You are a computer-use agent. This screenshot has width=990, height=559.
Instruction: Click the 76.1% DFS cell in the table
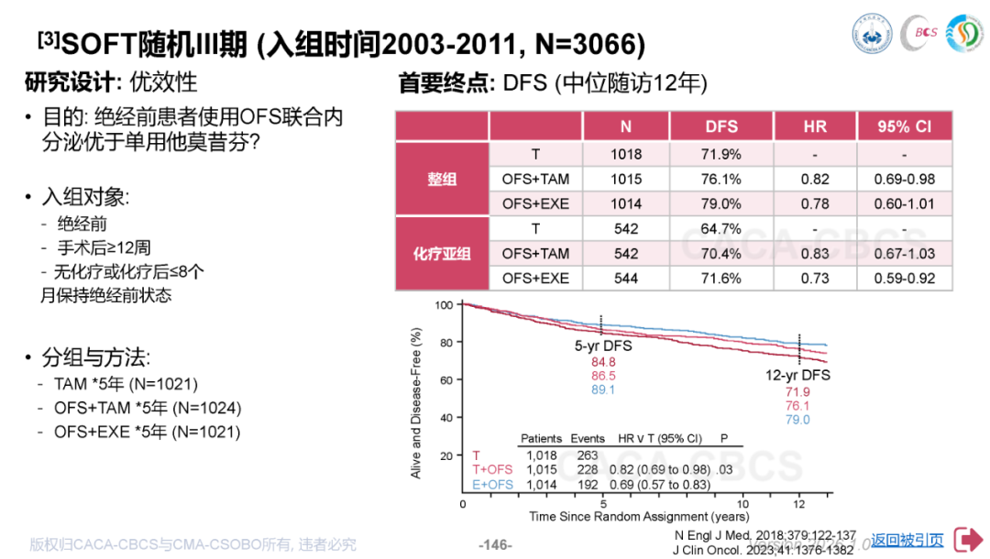click(x=722, y=180)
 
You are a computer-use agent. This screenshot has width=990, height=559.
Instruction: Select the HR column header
click(x=815, y=126)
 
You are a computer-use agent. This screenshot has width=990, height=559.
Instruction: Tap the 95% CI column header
click(x=903, y=126)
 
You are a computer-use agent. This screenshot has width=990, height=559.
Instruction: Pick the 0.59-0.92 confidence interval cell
click(x=903, y=278)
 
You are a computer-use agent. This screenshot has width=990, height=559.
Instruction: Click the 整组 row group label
click(x=442, y=180)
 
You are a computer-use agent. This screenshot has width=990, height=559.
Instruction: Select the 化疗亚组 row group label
click(x=442, y=253)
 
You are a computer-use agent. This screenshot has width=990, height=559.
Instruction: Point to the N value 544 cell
click(x=625, y=278)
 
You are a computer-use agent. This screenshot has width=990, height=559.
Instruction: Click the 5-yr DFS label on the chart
click(x=603, y=346)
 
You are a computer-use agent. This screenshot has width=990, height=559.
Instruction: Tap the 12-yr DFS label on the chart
click(x=797, y=376)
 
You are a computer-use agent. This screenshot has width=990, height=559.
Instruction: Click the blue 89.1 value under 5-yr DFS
click(x=603, y=389)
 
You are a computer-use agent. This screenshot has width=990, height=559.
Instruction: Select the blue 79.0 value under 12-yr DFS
click(x=797, y=420)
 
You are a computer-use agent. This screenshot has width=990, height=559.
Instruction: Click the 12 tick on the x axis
click(x=799, y=504)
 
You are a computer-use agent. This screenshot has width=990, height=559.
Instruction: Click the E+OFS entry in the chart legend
click(x=492, y=485)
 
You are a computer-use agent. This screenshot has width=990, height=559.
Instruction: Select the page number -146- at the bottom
click(x=495, y=544)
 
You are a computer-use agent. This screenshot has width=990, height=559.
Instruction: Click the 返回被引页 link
click(x=907, y=541)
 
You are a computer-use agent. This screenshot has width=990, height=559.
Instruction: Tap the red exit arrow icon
click(x=967, y=541)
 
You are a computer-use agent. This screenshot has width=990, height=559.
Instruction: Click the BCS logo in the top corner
click(x=919, y=32)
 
